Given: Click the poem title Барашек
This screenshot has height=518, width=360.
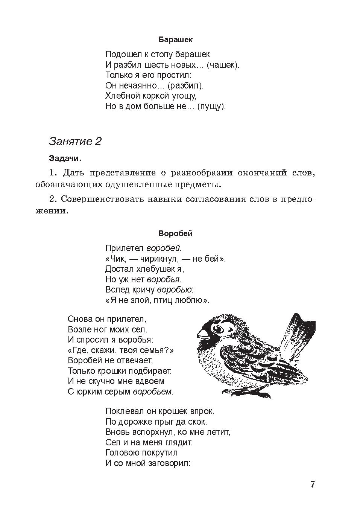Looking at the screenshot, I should coord(175,39).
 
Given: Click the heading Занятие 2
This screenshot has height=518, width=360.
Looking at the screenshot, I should coord(75,142).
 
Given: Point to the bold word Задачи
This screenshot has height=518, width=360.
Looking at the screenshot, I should coord(65,158).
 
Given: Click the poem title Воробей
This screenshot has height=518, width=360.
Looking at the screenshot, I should coord(175,233).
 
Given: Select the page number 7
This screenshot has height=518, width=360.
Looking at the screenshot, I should coord(312,484).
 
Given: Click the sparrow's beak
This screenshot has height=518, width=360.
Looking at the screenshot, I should coord(202,334).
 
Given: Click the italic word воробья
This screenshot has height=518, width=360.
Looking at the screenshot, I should coord(164,279).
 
